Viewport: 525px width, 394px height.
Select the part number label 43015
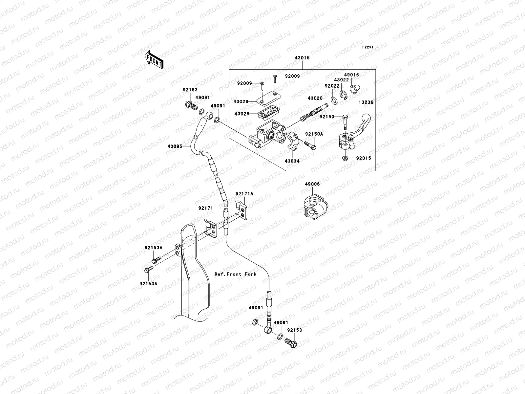(x=302, y=58)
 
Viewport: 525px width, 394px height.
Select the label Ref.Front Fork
(x=235, y=274)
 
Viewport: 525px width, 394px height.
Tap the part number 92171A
(x=244, y=194)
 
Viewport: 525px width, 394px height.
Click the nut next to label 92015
(x=345, y=159)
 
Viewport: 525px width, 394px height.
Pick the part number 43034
(x=292, y=161)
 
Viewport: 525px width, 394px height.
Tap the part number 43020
(x=315, y=98)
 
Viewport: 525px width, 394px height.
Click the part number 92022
(x=332, y=86)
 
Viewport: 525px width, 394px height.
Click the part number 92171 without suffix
(x=206, y=208)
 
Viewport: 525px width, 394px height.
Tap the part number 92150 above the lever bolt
(x=327, y=117)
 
